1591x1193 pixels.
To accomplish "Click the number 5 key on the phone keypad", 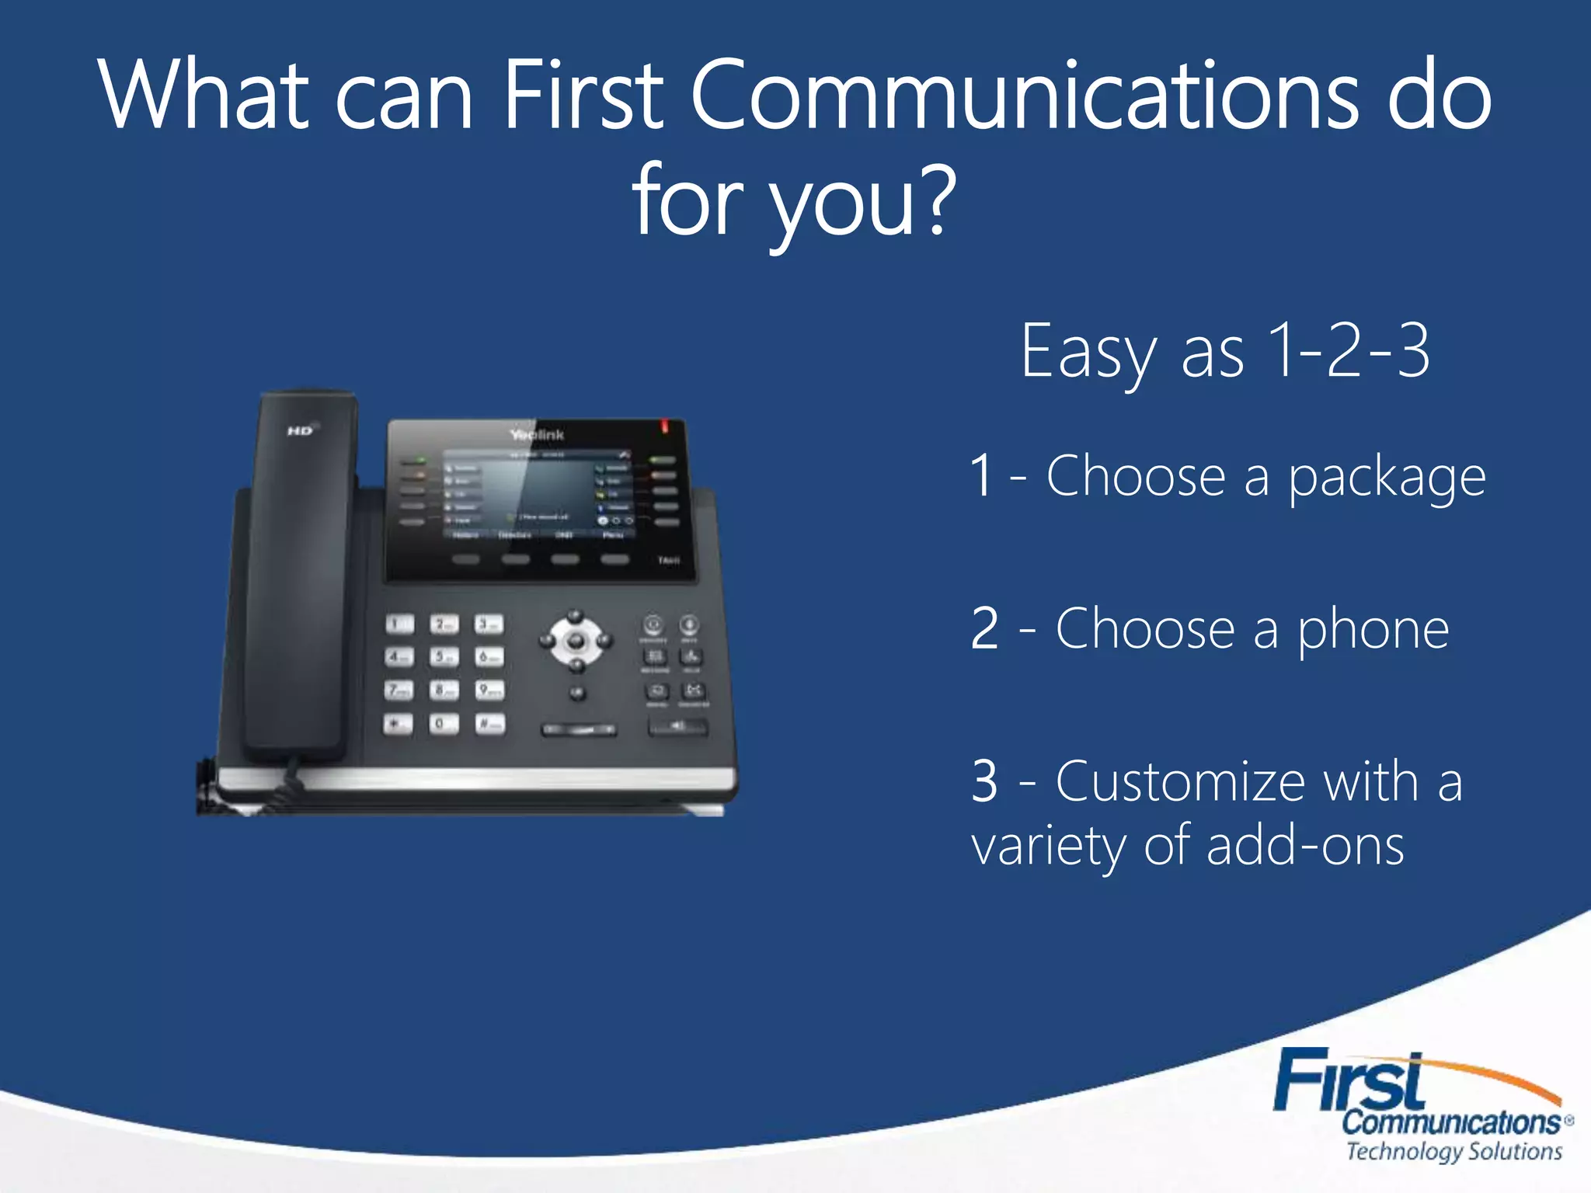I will pyautogui.click(x=444, y=656).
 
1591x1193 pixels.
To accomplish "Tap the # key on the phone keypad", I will pyautogui.click(x=489, y=724).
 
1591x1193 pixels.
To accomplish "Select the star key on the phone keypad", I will pyautogui.click(x=398, y=724).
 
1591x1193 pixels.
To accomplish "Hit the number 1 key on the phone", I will pyautogui.click(x=399, y=624).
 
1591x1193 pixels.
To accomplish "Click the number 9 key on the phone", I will pyautogui.click(x=489, y=690).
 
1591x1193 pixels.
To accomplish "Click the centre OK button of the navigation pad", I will pyautogui.click(x=576, y=641).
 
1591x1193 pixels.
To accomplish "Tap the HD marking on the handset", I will pyautogui.click(x=301, y=430).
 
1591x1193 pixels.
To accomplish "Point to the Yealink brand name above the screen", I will pyautogui.click(x=537, y=434).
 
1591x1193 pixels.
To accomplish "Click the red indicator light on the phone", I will pyautogui.click(x=665, y=426).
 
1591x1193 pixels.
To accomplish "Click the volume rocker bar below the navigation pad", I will pyautogui.click(x=579, y=730).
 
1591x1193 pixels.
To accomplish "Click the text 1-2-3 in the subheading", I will pyautogui.click(x=1349, y=351).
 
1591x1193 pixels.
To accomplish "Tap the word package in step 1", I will pyautogui.click(x=1387, y=477).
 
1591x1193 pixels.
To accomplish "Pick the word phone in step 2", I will pyautogui.click(x=1373, y=629).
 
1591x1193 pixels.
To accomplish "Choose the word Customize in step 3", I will pyautogui.click(x=1179, y=781).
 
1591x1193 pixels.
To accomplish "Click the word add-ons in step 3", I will pyautogui.click(x=1305, y=845).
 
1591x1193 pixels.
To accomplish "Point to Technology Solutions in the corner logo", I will pyautogui.click(x=1453, y=1151).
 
